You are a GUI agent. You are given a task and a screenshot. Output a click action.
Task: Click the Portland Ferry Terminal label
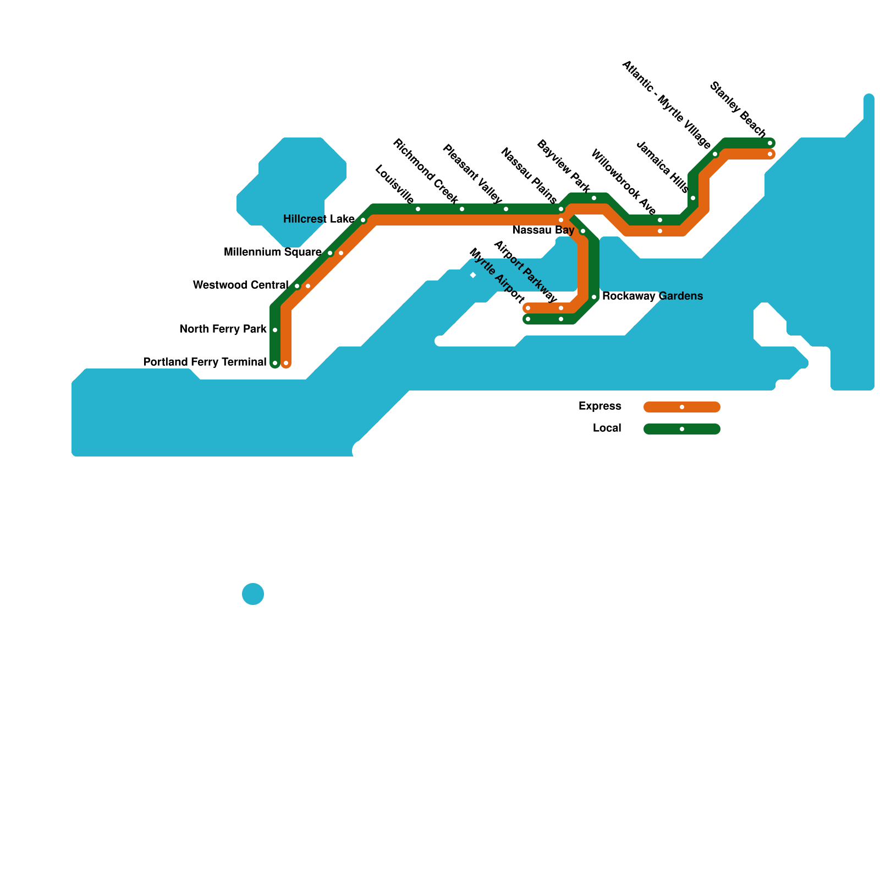click(x=205, y=362)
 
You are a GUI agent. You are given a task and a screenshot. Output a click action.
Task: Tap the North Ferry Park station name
click(x=223, y=329)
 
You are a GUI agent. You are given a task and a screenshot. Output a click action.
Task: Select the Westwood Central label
click(x=240, y=285)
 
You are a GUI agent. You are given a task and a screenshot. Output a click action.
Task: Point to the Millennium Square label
click(x=272, y=252)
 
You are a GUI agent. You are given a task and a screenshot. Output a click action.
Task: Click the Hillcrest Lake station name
click(x=318, y=219)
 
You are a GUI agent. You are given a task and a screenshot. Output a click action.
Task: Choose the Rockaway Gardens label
click(x=652, y=296)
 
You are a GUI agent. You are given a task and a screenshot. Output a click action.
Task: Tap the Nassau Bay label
click(x=543, y=230)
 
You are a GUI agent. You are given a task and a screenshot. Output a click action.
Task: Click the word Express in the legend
click(x=599, y=406)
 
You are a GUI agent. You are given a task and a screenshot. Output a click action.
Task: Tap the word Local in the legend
click(x=607, y=428)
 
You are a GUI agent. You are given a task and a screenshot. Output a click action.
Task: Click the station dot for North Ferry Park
click(x=275, y=330)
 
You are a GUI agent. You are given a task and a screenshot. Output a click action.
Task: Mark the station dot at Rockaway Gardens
click(x=594, y=297)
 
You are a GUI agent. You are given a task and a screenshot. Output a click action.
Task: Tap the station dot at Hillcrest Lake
click(x=363, y=220)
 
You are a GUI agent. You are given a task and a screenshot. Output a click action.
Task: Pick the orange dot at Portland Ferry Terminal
click(x=286, y=363)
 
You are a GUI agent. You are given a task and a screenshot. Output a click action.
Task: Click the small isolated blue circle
click(x=253, y=594)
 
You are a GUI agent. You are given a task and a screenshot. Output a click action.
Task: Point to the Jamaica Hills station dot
click(x=693, y=198)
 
